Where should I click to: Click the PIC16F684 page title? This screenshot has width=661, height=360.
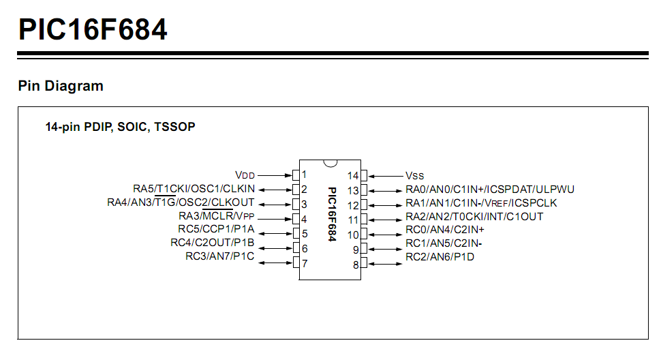(x=93, y=29)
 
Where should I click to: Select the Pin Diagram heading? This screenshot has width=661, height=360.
(x=61, y=86)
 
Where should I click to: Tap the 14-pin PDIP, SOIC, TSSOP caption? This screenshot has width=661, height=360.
(x=120, y=127)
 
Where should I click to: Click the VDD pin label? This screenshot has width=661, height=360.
(x=245, y=175)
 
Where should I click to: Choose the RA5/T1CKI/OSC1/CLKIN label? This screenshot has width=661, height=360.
(x=194, y=189)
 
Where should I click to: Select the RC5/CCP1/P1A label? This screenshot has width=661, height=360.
(x=216, y=229)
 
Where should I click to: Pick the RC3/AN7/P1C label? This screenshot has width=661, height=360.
(x=219, y=256)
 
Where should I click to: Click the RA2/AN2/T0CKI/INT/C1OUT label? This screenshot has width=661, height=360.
(x=474, y=217)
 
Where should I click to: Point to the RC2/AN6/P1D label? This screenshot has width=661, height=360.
(x=440, y=257)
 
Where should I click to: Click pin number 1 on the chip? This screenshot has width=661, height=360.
(x=305, y=175)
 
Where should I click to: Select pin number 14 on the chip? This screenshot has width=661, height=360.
(x=353, y=175)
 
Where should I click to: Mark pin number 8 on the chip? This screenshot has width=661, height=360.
(x=356, y=265)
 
